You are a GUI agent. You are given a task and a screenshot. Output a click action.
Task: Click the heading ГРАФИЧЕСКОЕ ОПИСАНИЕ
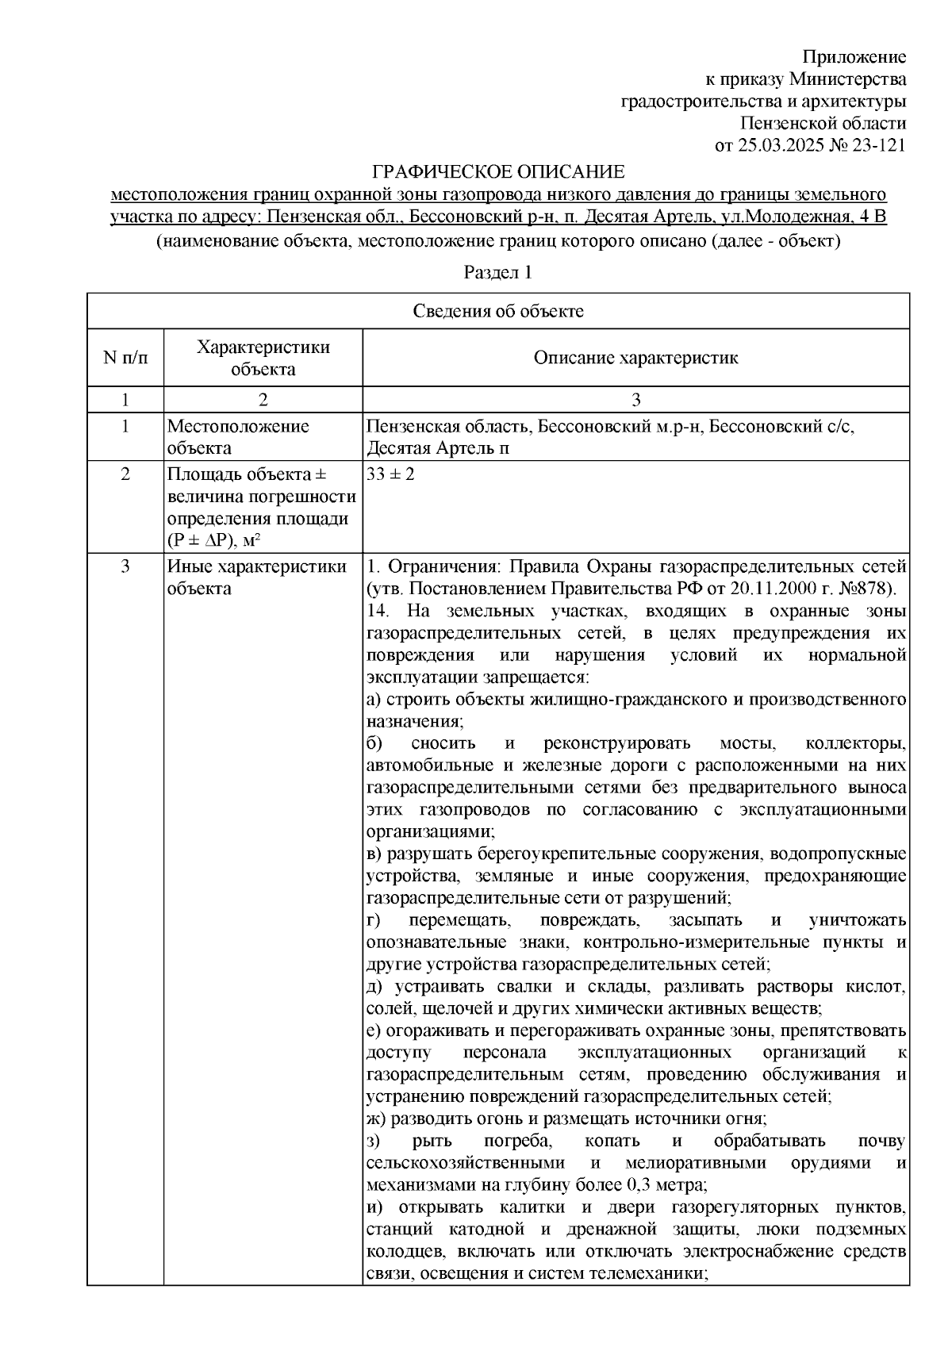coord(499,172)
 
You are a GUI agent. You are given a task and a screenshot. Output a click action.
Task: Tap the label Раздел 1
coord(497,273)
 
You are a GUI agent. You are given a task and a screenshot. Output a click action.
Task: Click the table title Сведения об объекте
coord(497,311)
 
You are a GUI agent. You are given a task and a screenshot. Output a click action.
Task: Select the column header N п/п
coord(125,358)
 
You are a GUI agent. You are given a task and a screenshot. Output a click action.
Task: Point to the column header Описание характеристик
coord(635,358)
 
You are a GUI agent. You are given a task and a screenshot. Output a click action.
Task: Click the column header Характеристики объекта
coord(263,358)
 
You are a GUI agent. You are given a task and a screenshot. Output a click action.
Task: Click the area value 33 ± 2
coord(390,474)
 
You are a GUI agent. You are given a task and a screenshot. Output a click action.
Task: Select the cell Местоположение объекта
coord(238,437)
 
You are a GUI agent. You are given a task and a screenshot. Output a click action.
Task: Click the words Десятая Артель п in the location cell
coord(437,448)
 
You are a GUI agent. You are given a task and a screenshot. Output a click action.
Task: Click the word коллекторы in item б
coord(855,744)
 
